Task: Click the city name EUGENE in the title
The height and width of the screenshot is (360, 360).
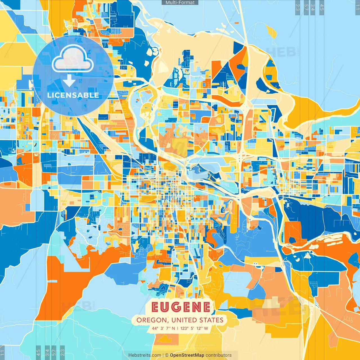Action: pyautogui.click(x=181, y=307)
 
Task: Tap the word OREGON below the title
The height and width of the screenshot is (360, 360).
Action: pyautogui.click(x=151, y=320)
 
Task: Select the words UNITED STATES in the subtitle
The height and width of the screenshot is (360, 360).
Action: pyautogui.click(x=197, y=320)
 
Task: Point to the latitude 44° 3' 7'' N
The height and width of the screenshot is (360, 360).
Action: pyautogui.click(x=163, y=328)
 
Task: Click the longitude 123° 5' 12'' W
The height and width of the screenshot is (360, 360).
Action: pyautogui.click(x=194, y=328)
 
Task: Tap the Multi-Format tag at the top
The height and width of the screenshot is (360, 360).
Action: pyautogui.click(x=180, y=3)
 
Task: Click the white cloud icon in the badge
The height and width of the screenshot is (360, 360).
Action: pyautogui.click(x=73, y=59)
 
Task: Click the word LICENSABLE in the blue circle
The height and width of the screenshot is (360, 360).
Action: pyautogui.click(x=73, y=95)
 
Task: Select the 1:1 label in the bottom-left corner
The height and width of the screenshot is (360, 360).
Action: pyautogui.click(x=3, y=352)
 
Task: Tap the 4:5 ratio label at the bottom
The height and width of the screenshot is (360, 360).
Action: pyautogui.click(x=38, y=352)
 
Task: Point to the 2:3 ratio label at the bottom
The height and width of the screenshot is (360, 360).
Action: pyautogui.click(x=62, y=352)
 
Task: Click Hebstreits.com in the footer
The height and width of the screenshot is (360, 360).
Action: pyautogui.click(x=145, y=355)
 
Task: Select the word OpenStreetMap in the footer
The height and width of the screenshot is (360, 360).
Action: pyautogui.click(x=187, y=355)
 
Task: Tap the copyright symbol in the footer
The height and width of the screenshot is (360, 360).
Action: pyautogui.click(x=167, y=355)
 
